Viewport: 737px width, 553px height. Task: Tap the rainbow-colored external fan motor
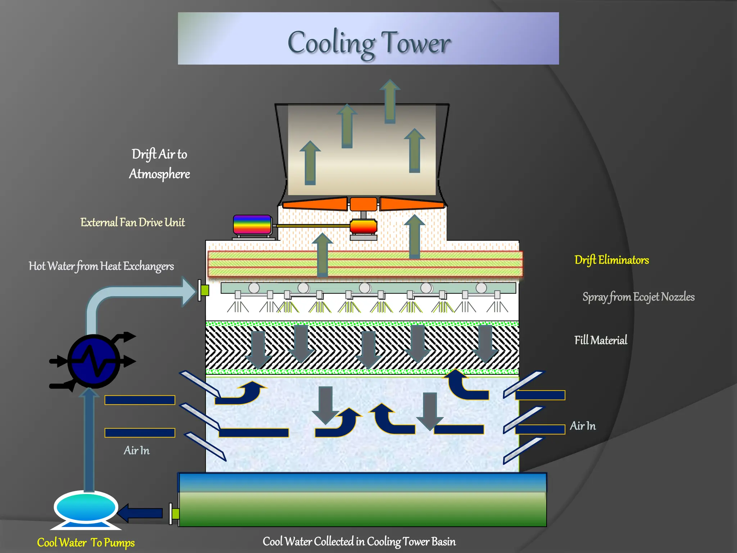coord(252,225)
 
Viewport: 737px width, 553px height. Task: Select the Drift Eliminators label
coord(611,260)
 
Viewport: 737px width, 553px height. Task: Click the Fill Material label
coord(600,340)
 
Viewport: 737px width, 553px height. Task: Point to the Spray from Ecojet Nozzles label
coord(638,297)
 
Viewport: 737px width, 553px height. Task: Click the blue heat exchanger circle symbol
coord(94,361)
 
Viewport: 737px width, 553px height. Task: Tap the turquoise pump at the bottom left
coord(86,507)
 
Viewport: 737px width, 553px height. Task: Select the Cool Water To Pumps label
coord(86,543)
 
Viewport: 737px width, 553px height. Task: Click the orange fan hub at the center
coord(363,204)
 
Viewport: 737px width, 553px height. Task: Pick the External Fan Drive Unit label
coord(132,222)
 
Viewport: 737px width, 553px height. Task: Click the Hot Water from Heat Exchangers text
coord(101,266)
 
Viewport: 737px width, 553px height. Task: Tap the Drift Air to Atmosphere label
coord(159,164)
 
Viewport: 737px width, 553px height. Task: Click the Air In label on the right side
coord(583,426)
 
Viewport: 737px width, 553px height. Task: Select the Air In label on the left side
coord(136,450)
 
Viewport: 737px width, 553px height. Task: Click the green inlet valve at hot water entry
coord(205,290)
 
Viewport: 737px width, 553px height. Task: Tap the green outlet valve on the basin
coord(176,514)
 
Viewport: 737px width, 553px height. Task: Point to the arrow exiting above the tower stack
coord(390,101)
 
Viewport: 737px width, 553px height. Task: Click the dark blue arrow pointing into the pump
coord(140,513)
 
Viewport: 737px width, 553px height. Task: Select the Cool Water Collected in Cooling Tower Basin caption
coord(359,541)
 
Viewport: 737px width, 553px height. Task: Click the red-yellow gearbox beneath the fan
coord(363,227)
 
